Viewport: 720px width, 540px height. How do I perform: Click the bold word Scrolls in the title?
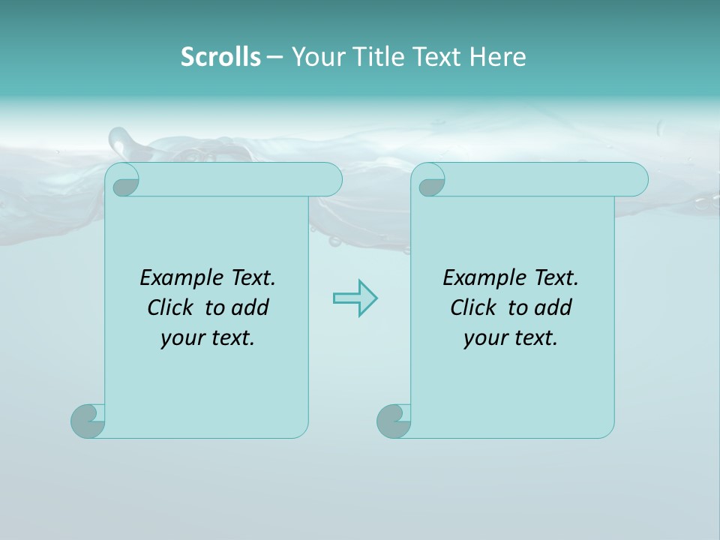click(x=220, y=57)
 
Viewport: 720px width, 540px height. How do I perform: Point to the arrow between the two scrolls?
click(x=355, y=298)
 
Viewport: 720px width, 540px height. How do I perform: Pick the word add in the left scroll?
click(x=251, y=307)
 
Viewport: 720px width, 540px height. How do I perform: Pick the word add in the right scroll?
click(x=554, y=307)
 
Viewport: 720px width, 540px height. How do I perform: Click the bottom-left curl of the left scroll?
click(x=87, y=421)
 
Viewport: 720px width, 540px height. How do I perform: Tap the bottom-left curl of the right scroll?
click(x=393, y=421)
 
